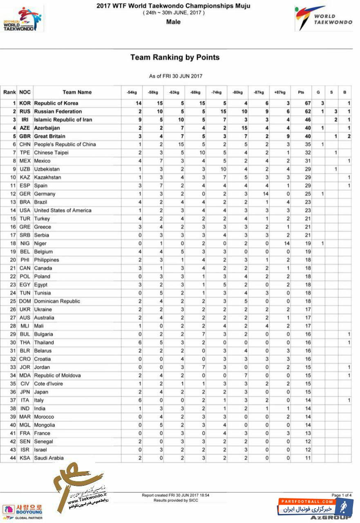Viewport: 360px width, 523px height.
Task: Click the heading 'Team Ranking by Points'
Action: coord(175,58)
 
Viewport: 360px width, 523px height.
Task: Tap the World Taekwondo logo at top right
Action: coord(323,18)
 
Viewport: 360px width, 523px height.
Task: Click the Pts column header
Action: coord(301,92)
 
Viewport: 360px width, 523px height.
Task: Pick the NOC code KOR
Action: coord(25,103)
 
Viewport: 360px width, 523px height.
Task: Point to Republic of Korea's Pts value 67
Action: coord(307,103)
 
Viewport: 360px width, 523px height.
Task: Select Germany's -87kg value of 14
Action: coord(265,194)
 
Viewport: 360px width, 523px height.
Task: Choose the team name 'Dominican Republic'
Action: coord(57,301)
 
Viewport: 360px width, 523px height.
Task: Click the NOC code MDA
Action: coord(25,375)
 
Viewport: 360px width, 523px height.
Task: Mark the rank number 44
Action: coord(13,458)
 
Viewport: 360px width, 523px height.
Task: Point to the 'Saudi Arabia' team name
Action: coord(49,458)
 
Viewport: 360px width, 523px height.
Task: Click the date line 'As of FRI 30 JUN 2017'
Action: coord(176,76)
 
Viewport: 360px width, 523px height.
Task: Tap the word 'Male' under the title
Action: coord(174,22)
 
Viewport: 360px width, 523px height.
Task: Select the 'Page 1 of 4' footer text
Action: coord(341,495)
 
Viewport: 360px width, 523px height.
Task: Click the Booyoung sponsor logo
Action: coord(22,510)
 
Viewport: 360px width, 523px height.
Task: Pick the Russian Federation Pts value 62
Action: coord(307,112)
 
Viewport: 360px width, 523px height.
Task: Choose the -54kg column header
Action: coord(132,92)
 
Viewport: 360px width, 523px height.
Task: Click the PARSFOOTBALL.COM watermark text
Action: coord(306,501)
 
